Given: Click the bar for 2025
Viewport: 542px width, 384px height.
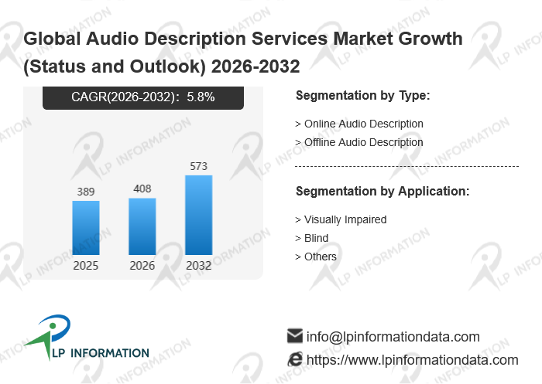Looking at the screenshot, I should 86,228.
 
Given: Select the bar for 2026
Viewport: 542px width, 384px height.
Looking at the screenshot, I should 142,226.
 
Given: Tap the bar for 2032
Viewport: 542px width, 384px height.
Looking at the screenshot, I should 198,215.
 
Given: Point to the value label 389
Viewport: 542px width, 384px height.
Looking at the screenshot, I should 86,191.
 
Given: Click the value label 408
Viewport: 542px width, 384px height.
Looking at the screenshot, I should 142,189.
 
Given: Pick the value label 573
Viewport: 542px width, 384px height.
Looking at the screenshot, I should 198,166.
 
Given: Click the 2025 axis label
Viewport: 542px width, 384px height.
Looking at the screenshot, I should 86,266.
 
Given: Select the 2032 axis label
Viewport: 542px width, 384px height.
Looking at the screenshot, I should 198,266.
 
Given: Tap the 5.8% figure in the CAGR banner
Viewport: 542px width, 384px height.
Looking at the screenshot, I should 201,97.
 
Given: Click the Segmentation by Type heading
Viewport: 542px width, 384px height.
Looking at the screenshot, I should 362,96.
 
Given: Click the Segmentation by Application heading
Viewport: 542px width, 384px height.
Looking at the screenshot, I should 382,191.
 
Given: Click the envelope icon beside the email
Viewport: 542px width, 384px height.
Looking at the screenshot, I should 295,336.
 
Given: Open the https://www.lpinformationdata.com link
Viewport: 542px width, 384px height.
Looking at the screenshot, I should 413,360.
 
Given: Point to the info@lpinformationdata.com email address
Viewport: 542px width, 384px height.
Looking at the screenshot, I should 393,337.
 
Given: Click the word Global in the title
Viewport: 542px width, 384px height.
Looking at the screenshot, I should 50,38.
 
